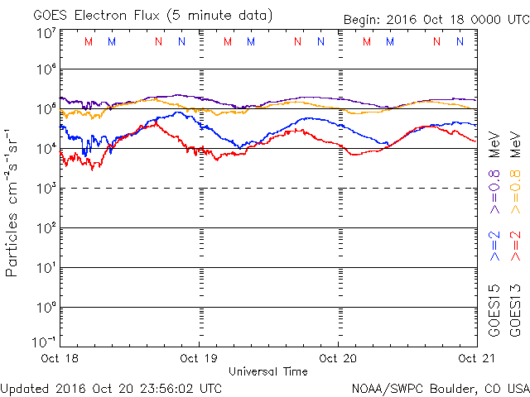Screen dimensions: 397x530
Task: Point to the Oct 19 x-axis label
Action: (198, 358)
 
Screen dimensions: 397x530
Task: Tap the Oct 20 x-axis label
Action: (338, 358)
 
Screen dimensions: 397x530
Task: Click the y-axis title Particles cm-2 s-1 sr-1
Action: (15, 202)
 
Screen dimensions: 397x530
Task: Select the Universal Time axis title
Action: (267, 371)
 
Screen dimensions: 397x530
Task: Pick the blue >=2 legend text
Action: (494, 246)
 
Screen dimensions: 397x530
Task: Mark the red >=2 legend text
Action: (514, 246)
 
